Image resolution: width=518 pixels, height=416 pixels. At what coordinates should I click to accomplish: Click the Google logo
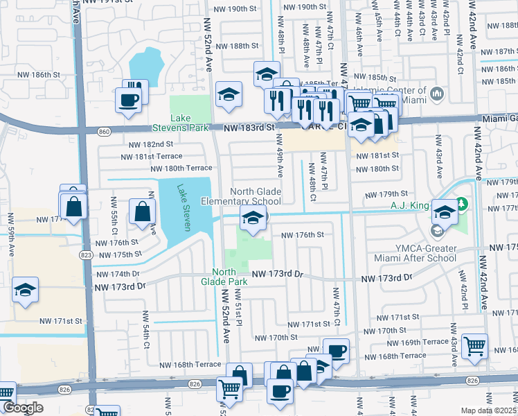[x=23, y=408]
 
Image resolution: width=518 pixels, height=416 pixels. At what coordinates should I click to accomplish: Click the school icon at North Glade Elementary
[x=253, y=218]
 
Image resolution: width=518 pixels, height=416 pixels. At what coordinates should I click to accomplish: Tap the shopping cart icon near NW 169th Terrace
[x=474, y=346]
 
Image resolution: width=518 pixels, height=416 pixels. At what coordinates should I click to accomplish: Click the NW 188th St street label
[x=237, y=46]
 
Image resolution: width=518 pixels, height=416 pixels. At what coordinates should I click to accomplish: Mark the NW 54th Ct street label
[x=148, y=336]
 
